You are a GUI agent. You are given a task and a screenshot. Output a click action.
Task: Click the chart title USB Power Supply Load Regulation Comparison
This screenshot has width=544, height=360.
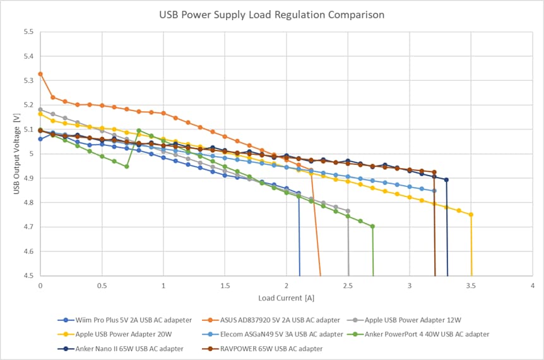click(x=272, y=15)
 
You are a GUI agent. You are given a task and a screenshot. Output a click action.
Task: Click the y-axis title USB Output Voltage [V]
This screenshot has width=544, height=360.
click(x=17, y=153)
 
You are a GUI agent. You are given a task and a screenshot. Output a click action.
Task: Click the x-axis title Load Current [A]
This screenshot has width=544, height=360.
click(x=286, y=297)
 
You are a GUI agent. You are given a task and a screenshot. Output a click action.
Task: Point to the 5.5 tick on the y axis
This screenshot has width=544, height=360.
click(x=29, y=32)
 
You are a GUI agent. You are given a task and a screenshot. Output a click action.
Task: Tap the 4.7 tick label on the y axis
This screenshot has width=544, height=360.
click(x=29, y=227)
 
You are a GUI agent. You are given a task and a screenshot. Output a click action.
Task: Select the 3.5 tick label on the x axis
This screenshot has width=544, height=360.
click(x=471, y=285)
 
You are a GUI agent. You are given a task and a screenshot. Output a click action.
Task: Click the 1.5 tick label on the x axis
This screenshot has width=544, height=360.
click(x=225, y=285)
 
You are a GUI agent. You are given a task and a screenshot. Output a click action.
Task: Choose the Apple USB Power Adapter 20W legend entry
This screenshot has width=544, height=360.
click(x=111, y=334)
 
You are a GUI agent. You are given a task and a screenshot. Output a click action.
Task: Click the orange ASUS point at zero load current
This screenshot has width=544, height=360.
click(x=40, y=74)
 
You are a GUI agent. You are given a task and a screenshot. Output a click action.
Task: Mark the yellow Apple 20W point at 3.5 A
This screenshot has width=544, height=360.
click(x=471, y=215)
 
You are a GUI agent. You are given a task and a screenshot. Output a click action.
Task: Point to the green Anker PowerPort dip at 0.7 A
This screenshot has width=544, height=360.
click(x=127, y=167)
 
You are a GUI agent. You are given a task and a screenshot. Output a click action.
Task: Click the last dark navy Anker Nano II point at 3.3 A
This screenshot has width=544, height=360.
click(x=447, y=180)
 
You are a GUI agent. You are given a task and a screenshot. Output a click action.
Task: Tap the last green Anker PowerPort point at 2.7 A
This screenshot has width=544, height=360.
click(x=373, y=226)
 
